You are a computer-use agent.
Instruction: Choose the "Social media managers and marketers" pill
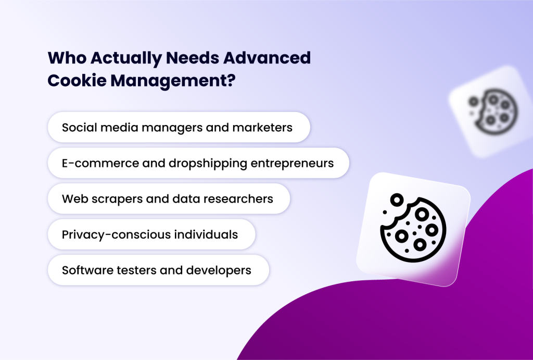[x=179, y=127]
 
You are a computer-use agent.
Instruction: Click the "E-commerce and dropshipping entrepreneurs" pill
[x=198, y=163]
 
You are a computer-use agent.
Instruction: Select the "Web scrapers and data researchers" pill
[x=168, y=198]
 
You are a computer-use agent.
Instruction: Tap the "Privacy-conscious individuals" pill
[x=151, y=234]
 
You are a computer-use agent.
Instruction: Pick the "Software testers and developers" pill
[x=158, y=270]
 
